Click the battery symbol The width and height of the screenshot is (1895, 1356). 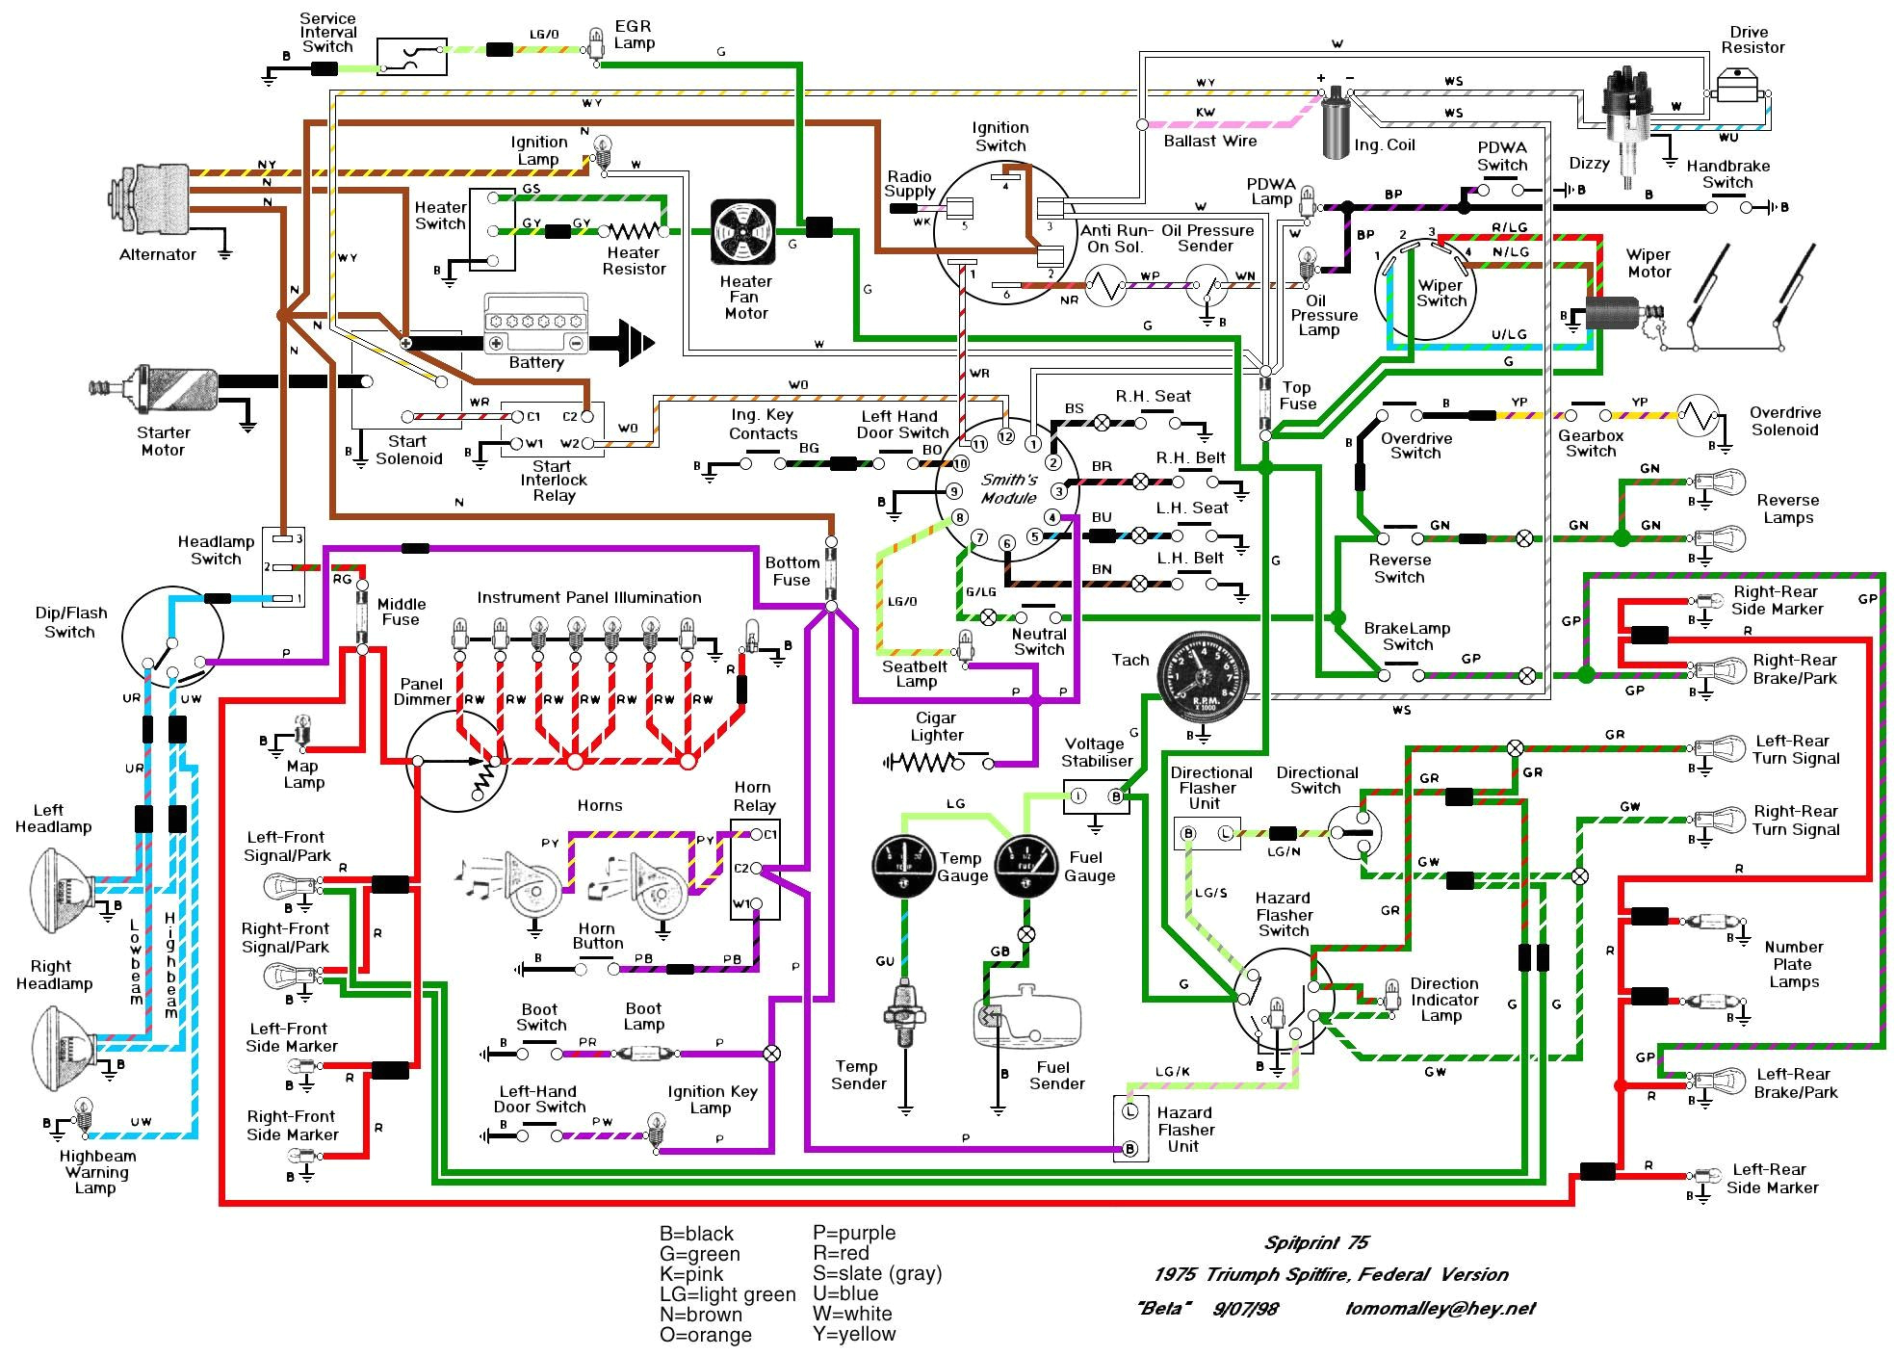click(x=535, y=325)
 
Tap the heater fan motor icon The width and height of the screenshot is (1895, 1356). click(x=743, y=232)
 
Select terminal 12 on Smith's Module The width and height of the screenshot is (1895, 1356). click(x=1006, y=436)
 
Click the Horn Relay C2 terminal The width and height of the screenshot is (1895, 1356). click(x=758, y=869)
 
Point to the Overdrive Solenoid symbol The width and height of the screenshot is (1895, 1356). click(x=1698, y=415)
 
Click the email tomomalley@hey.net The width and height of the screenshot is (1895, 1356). click(x=1440, y=1308)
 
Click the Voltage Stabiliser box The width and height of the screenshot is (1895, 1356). click(x=1096, y=796)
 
